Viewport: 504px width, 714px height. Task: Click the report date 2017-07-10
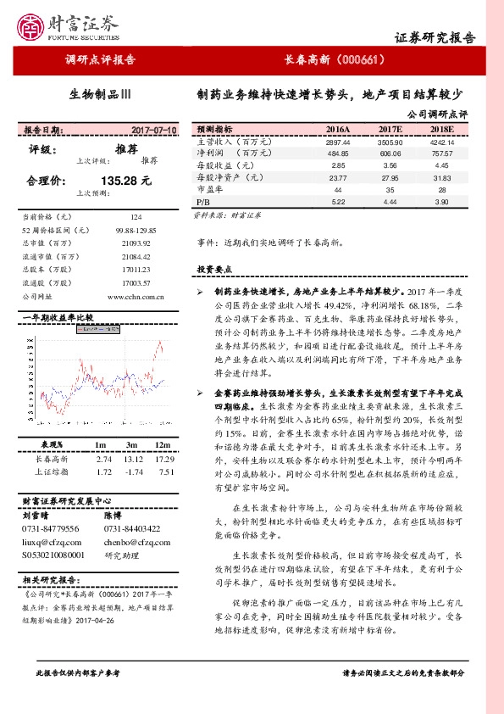click(153, 131)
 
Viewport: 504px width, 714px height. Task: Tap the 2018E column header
click(441, 130)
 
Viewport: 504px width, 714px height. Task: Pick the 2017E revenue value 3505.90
click(390, 142)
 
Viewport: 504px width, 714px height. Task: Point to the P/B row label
click(202, 202)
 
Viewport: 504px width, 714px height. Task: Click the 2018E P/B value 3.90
click(441, 202)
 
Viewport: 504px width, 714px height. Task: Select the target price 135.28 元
click(125, 181)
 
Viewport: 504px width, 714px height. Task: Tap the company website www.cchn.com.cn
click(136, 297)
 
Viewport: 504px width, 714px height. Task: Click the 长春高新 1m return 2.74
click(104, 459)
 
